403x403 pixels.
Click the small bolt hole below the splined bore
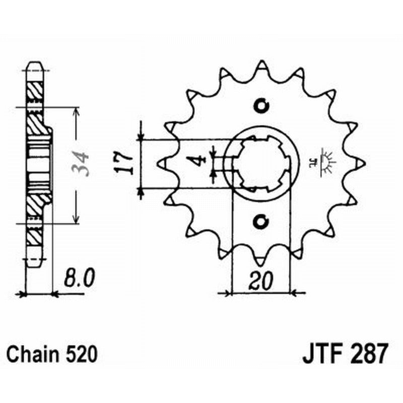click(261, 220)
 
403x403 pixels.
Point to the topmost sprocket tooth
click(261, 66)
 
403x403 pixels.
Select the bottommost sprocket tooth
click(261, 260)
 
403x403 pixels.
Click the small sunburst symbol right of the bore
click(326, 162)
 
